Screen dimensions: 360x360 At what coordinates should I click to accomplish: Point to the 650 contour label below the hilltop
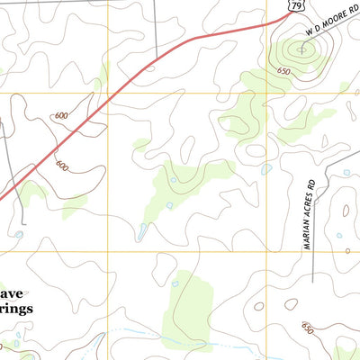pyautogui.click(x=284, y=71)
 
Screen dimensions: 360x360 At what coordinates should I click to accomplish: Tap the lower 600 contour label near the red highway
pyautogui.click(x=61, y=166)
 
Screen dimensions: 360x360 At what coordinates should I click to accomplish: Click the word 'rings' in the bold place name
pyautogui.click(x=16, y=309)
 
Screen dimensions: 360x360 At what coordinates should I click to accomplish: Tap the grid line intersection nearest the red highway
pyautogui.click(x=109, y=93)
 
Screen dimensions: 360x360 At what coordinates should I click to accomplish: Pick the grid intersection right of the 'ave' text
pyautogui.click(x=109, y=253)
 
